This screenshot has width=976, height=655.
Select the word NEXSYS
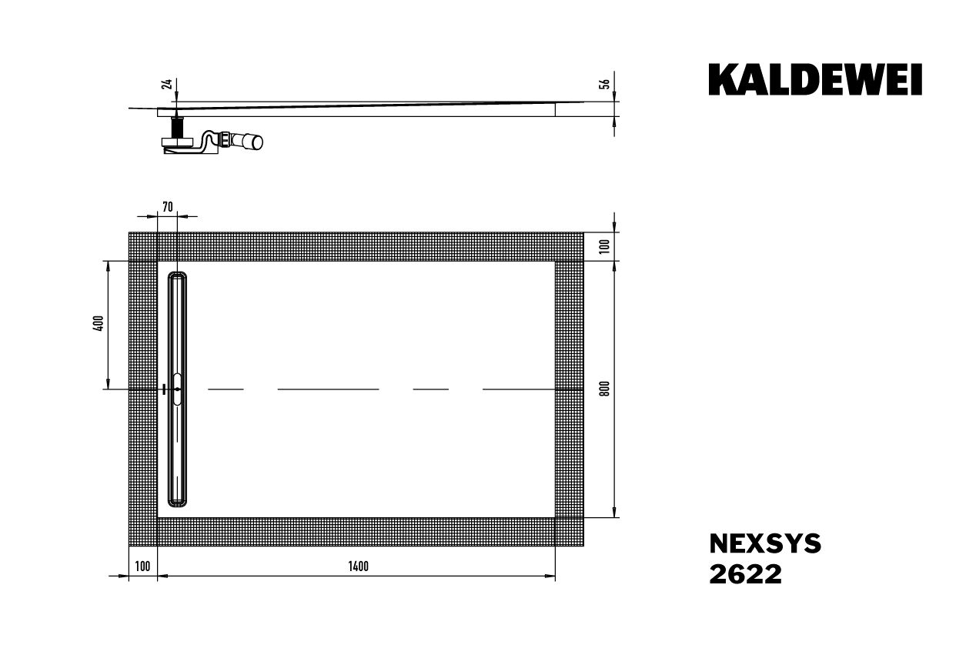tap(764, 544)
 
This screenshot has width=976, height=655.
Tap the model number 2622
tap(744, 574)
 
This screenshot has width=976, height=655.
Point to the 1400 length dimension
tap(358, 567)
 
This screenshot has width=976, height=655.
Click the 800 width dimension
tap(605, 389)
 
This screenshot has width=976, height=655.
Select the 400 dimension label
tap(98, 324)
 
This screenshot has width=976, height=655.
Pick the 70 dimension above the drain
tap(168, 206)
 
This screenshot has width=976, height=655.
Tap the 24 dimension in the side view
tap(165, 84)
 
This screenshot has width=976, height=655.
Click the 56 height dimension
tap(605, 84)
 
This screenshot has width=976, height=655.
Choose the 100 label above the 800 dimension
tap(605, 246)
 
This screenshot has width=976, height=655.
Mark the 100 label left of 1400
tap(142, 567)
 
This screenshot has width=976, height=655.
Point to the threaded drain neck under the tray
tap(178, 126)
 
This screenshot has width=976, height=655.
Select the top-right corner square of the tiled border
tap(569, 246)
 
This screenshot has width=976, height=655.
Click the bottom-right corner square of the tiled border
tap(569, 532)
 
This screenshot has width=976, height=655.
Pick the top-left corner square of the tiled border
tap(142, 246)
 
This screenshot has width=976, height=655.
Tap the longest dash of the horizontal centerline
tap(328, 389)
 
